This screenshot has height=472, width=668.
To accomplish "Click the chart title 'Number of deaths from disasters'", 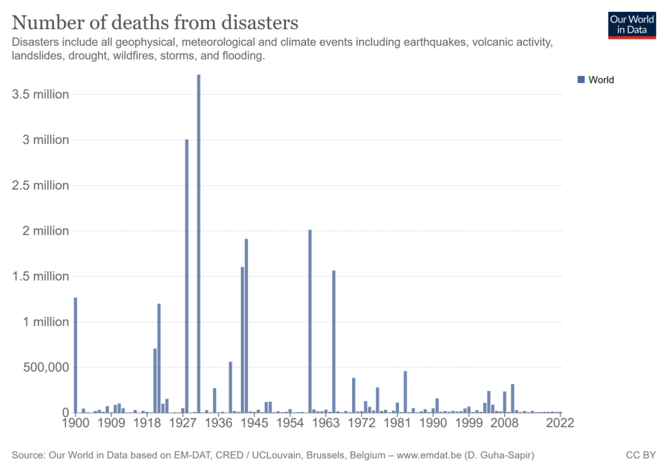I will tap(155, 22).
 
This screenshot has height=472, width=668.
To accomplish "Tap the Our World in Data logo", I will tap(631, 24).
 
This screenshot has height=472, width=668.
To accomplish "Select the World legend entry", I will tap(596, 80).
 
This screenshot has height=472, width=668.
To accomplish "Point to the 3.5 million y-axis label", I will tap(40, 94).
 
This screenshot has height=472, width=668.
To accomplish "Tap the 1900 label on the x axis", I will tap(76, 423).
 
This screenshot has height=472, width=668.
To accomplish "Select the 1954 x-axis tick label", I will tap(289, 423).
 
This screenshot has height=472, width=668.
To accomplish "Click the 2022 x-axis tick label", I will tap(560, 423).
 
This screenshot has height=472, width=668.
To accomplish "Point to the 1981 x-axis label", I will tap(396, 423).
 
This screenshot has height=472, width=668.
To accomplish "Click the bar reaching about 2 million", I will tap(310, 321).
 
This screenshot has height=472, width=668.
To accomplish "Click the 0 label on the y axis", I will tap(65, 413).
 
